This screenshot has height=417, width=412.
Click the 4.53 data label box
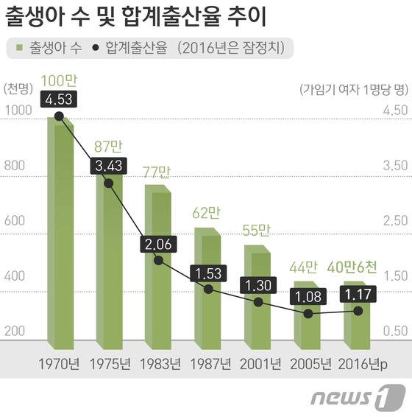[x=58, y=99]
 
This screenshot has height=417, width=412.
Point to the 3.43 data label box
[x=108, y=166]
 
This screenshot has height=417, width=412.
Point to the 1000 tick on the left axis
[x=16, y=111]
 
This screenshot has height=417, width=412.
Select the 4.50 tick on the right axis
[x=394, y=111]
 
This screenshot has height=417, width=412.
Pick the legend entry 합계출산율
[x=132, y=49]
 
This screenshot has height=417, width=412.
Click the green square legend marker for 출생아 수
[x=20, y=49]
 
